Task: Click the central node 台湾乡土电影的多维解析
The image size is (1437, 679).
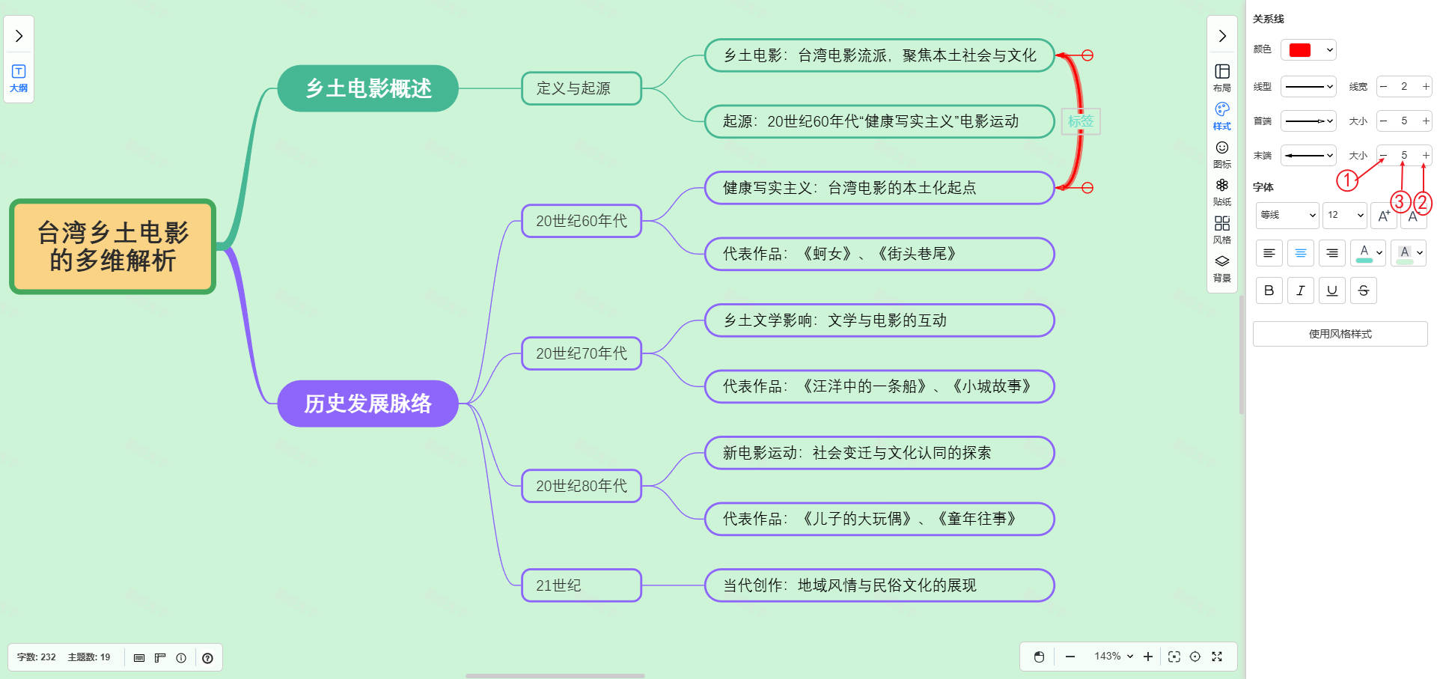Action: tap(113, 246)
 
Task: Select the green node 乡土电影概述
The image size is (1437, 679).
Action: tap(367, 88)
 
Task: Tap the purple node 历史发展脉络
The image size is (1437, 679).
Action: tap(367, 404)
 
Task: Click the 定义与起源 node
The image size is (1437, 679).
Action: tap(581, 88)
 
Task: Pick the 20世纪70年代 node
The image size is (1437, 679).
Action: tap(581, 353)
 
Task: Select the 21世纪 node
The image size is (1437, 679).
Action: tap(581, 585)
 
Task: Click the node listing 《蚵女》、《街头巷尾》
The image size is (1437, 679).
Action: tap(879, 254)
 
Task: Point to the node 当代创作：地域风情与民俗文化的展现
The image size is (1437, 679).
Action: tap(879, 585)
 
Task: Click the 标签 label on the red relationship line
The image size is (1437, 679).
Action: tap(1081, 121)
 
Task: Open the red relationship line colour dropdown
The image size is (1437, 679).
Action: tap(1308, 50)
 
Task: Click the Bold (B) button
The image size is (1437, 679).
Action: tap(1269, 290)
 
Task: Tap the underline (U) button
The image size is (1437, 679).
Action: tap(1331, 290)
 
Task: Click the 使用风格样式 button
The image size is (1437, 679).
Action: tap(1340, 334)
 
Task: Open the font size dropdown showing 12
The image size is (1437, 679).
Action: tap(1344, 215)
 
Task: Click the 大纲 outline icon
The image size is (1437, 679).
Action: tap(19, 78)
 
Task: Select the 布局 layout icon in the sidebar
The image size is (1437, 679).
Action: tap(1222, 77)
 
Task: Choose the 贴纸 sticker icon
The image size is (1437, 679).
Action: tap(1222, 192)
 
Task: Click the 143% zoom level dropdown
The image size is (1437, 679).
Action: tap(1113, 657)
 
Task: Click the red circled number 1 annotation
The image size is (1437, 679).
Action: tap(1347, 180)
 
